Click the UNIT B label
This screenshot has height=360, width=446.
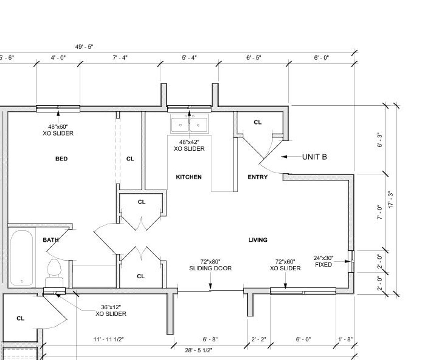click(x=314, y=157)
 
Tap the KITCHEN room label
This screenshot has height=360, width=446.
click(x=189, y=177)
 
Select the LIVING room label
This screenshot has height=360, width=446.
click(x=258, y=240)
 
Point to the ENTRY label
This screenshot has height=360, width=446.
click(x=258, y=177)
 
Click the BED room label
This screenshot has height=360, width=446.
click(x=62, y=159)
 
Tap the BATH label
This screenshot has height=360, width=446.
click(x=51, y=240)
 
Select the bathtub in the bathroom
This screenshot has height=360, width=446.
click(x=22, y=258)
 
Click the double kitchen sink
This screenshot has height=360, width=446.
click(x=189, y=124)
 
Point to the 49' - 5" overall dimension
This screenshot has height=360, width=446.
click(x=84, y=47)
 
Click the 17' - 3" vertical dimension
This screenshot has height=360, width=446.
click(x=391, y=200)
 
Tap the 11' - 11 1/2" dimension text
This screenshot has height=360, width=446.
click(x=108, y=339)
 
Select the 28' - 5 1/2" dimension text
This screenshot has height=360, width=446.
click(x=199, y=350)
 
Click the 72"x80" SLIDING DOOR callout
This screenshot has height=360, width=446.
click(x=210, y=265)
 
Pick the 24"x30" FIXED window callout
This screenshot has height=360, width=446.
click(x=323, y=261)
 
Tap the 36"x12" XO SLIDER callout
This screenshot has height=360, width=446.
click(x=111, y=310)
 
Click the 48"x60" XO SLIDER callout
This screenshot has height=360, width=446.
click(x=58, y=130)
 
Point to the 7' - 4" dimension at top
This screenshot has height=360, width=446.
click(x=120, y=58)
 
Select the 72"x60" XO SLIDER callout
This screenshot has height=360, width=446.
click(x=285, y=265)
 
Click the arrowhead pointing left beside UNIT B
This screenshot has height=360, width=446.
click(x=284, y=157)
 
